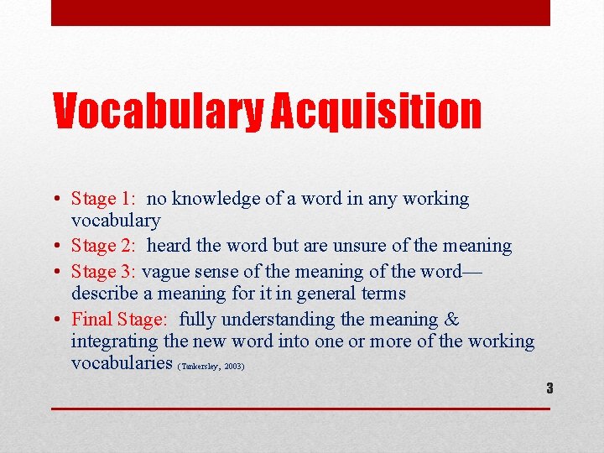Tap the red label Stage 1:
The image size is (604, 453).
(x=104, y=199)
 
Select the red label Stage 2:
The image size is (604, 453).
(x=104, y=246)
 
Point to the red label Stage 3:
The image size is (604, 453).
(x=104, y=272)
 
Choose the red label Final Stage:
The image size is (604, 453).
(x=119, y=320)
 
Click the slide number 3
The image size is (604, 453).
(x=549, y=388)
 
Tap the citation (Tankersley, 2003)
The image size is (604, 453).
(x=211, y=367)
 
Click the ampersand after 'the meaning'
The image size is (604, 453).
(x=451, y=320)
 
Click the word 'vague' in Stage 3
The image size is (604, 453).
(x=165, y=272)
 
